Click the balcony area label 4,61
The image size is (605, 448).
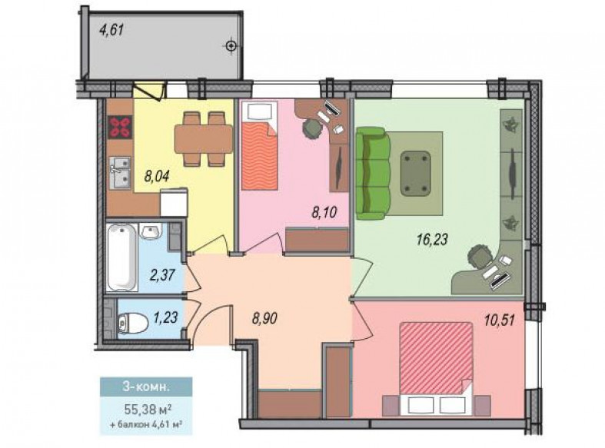click(x=111, y=30)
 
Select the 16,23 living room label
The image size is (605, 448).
click(x=432, y=239)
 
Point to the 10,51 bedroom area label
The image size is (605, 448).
click(x=499, y=320)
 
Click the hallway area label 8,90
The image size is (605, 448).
click(x=264, y=318)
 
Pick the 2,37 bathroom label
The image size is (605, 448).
click(x=162, y=275)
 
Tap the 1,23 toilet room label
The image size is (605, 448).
click(x=165, y=317)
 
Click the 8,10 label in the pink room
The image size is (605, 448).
click(x=324, y=211)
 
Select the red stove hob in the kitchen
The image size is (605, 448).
click(x=121, y=127)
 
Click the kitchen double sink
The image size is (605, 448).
click(x=120, y=172)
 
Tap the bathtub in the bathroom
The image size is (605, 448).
click(x=122, y=257)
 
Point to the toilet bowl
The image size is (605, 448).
click(x=132, y=323)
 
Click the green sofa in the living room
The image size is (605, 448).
click(x=372, y=173)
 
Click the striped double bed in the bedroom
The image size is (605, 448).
click(x=436, y=358)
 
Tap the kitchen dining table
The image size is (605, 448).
click(x=204, y=139)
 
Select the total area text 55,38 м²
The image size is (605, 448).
click(x=148, y=409)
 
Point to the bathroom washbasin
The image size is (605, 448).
click(x=151, y=232)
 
